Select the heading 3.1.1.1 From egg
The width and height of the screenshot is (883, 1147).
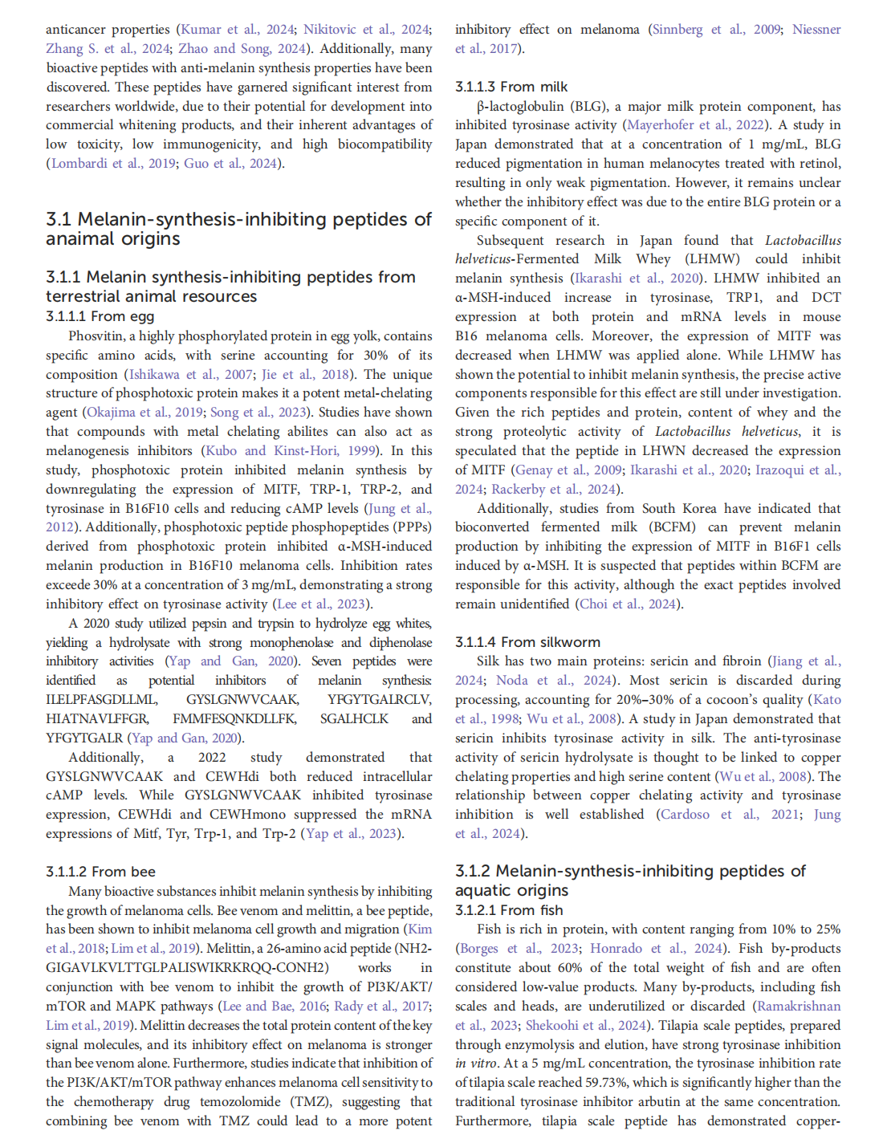(x=100, y=316)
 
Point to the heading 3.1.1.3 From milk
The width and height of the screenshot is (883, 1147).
(x=511, y=87)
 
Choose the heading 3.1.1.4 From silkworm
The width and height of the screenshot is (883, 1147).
(x=527, y=642)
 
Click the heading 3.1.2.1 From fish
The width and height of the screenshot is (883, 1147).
(x=509, y=910)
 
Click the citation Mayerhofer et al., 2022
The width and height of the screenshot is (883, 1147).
(x=695, y=125)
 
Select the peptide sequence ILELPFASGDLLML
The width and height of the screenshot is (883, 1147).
(x=101, y=700)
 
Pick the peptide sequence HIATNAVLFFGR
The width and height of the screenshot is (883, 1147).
(x=97, y=719)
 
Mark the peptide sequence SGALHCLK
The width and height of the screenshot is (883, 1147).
(x=354, y=719)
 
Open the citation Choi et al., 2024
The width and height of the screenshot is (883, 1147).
(x=629, y=604)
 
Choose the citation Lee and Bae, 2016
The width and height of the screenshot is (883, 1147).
(x=275, y=1007)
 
